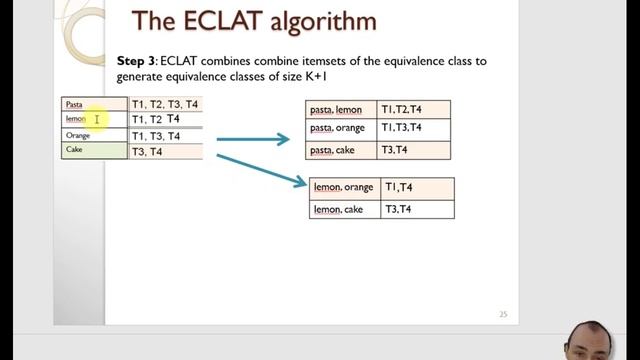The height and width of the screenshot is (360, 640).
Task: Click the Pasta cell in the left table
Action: click(94, 104)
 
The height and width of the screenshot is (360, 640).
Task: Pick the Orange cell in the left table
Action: click(94, 136)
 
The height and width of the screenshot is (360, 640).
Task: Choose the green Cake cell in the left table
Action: click(94, 151)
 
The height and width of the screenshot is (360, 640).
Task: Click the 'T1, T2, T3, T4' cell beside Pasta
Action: click(165, 104)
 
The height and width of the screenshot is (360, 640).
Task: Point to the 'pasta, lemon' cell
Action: click(340, 109)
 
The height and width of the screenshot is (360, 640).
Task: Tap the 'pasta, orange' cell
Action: click(340, 129)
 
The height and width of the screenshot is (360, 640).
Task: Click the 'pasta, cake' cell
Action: click(340, 150)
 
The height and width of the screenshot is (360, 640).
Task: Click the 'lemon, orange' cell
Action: click(344, 187)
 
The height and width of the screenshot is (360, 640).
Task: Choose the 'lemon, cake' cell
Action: click(344, 209)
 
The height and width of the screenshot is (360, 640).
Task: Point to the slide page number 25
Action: click(503, 315)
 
